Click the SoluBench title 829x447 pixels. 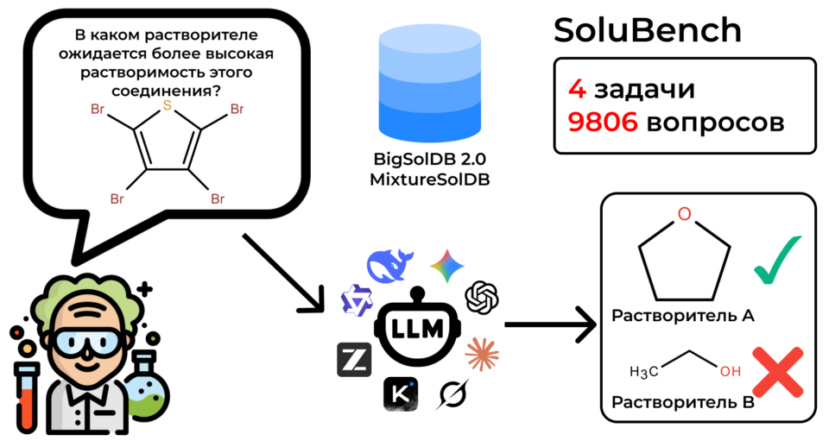point(647,30)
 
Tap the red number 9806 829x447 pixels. point(603,122)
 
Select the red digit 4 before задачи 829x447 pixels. point(578,89)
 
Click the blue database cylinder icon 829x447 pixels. point(430,84)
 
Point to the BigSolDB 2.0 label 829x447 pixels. point(430,159)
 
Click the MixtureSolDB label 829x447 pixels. point(430,179)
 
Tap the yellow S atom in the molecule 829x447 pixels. point(167,105)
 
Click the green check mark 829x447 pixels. point(778,260)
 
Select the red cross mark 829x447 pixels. point(778,372)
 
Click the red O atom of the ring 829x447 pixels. point(684,214)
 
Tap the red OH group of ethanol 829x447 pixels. point(731,371)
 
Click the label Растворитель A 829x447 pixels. point(682,316)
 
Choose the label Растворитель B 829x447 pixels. point(682,402)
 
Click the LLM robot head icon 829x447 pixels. point(417,328)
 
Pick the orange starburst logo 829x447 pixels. point(482,354)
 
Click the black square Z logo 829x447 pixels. point(354,360)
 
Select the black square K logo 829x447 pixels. point(401,394)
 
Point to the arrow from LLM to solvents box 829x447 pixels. point(550,324)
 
